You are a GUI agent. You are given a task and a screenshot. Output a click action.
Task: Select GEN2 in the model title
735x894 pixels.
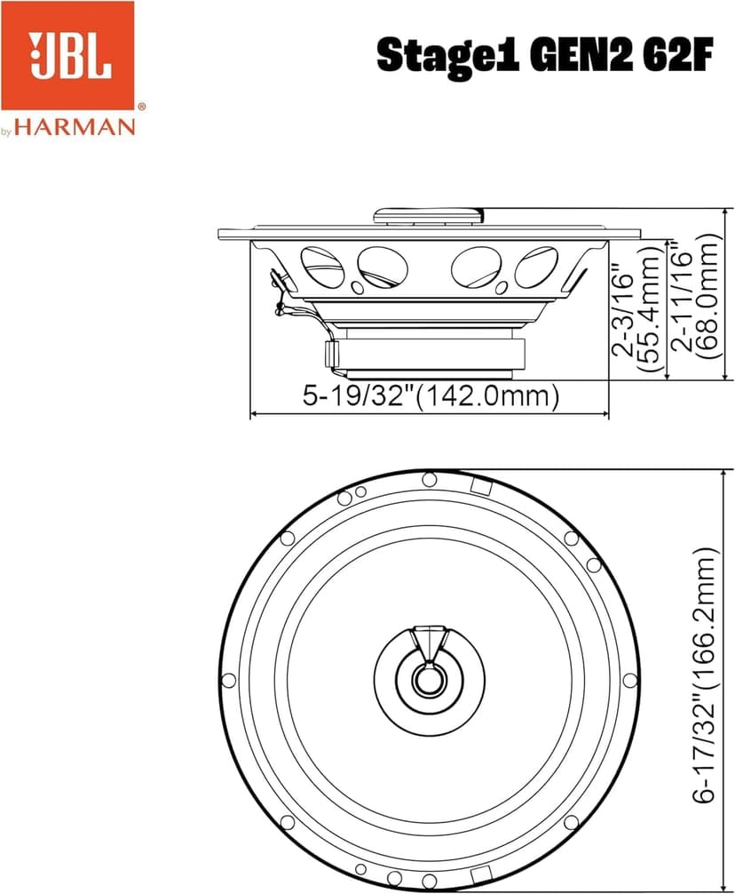coord(578,55)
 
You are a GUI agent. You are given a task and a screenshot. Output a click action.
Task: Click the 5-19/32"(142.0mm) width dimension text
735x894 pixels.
coord(431,395)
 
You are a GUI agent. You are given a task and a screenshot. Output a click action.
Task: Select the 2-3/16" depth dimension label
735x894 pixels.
coord(624,302)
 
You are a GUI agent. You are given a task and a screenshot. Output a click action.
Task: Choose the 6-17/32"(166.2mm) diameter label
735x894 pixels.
coord(706,675)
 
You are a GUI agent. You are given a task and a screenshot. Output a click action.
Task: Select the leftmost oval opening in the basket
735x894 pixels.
coord(321,266)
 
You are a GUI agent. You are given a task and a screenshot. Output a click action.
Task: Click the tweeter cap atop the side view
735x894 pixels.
coord(429,215)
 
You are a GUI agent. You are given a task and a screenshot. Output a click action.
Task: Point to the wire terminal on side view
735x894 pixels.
coord(281,298)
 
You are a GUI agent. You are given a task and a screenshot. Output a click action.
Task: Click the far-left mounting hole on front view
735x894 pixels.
coord(228,681)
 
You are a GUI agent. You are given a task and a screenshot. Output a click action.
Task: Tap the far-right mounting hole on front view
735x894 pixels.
coord(629,680)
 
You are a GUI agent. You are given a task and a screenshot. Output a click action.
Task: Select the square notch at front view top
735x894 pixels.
coord(480,486)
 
